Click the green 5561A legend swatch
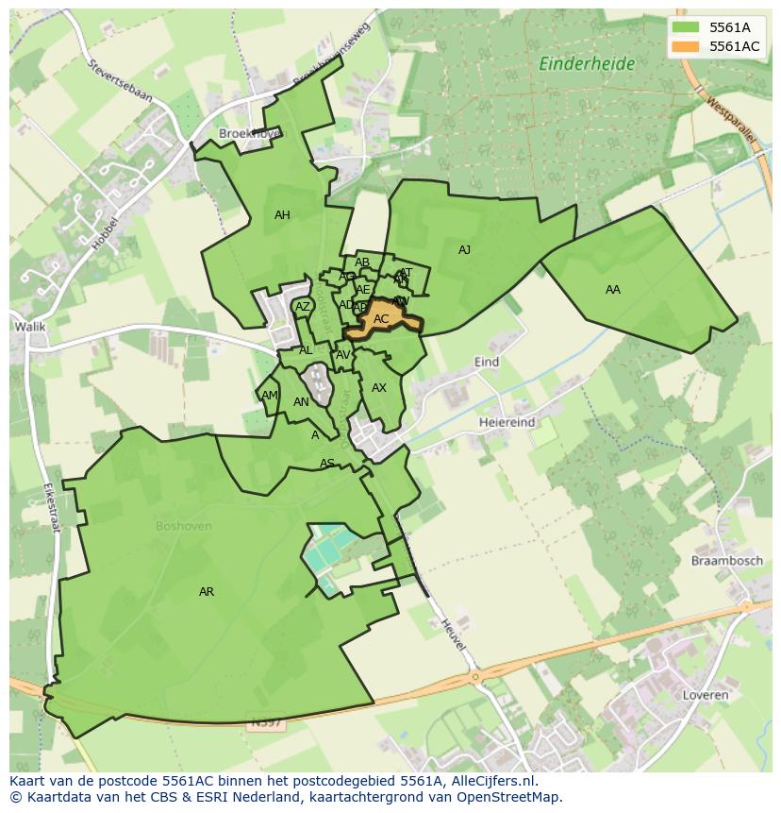coord(686,26)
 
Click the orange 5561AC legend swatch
coord(686,45)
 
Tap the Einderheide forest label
coord(587,64)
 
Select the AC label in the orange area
coord(381,319)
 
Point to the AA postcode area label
coord(613,290)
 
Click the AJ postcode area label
coord(464,250)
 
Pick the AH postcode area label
coord(282,215)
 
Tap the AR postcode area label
coord(207,592)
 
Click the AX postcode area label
coord(379,388)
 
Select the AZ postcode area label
coord(303,307)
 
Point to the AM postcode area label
coord(270,396)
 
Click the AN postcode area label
coord(301,402)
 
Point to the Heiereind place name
coord(507,422)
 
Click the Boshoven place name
coord(184,526)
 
